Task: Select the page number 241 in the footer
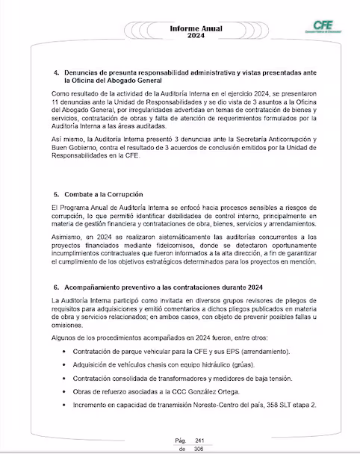[x=199, y=441]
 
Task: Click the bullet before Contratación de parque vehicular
[x=68, y=351]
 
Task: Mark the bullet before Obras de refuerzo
[x=68, y=391]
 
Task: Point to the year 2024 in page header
[x=179, y=35]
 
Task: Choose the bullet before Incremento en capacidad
[x=68, y=404]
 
